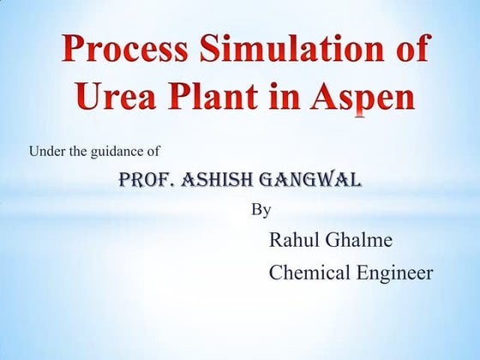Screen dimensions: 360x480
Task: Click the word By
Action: point(261,208)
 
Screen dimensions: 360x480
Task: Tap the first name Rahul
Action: point(294,239)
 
